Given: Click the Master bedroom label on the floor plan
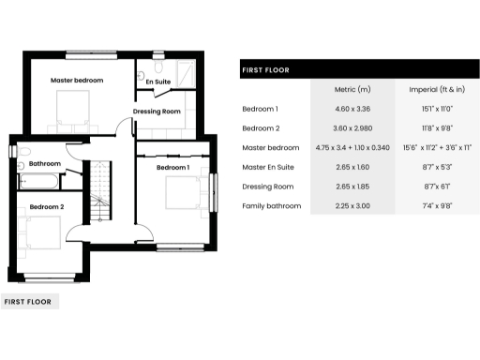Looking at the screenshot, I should coord(77,81).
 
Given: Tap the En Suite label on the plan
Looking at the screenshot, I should coord(157,82).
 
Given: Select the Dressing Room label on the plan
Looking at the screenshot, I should coord(157,112).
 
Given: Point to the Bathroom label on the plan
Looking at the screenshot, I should coord(45,163).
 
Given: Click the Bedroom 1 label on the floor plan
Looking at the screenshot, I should coord(172,167).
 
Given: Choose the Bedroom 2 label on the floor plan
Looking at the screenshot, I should coord(47,206).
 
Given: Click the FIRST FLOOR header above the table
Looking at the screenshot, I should coord(265,69).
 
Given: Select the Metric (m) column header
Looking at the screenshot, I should coord(352,90).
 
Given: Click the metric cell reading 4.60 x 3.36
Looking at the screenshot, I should coord(352,110).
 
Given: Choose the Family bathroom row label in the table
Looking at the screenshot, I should coord(272,205).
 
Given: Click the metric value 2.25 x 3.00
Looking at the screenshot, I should coord(352,205).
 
